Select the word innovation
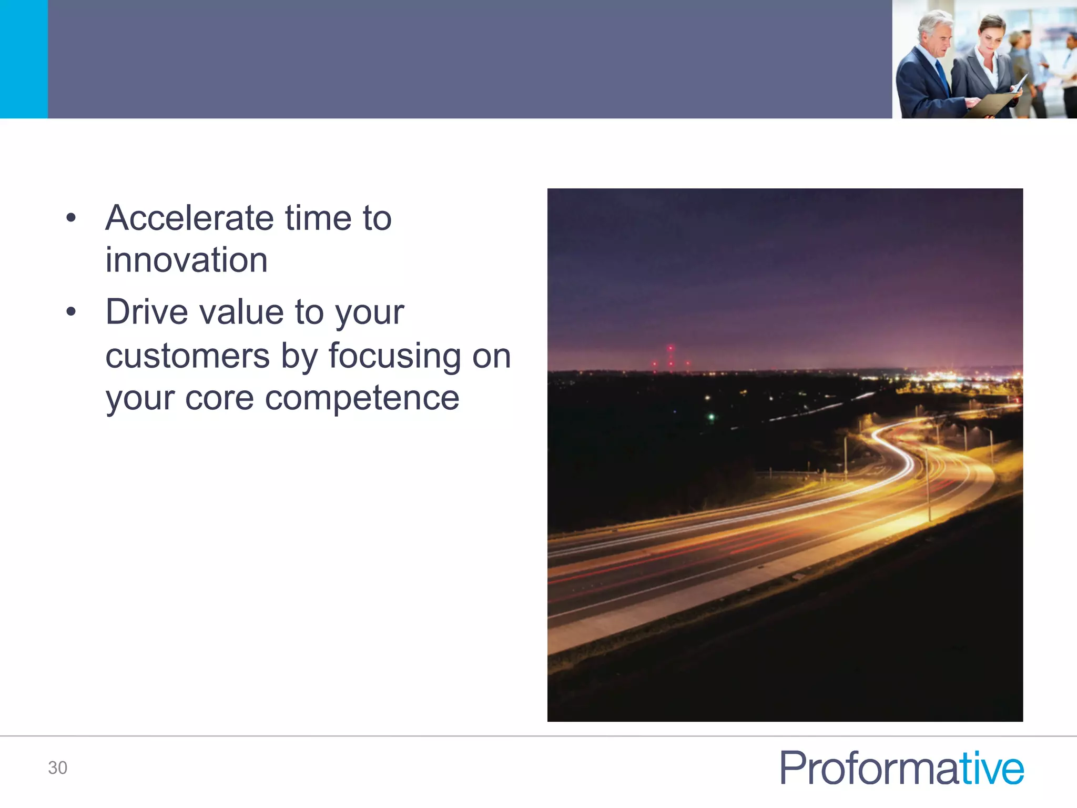pyautogui.click(x=186, y=260)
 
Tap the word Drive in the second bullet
pyautogui.click(x=147, y=312)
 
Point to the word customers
pyautogui.click(x=188, y=356)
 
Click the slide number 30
pyautogui.click(x=57, y=767)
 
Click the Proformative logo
pyautogui.click(x=901, y=768)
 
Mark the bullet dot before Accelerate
pyautogui.click(x=72, y=218)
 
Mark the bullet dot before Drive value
pyautogui.click(x=72, y=312)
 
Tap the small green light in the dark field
pyautogui.click(x=711, y=417)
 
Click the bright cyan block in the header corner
pyautogui.click(x=24, y=59)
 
